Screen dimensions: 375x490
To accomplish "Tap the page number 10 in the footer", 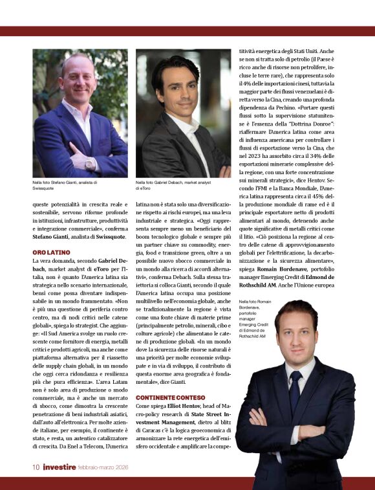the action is (37, 466).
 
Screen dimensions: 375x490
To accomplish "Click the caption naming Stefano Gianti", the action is (65, 186).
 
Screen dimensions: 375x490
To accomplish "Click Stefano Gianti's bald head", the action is (77, 61).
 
